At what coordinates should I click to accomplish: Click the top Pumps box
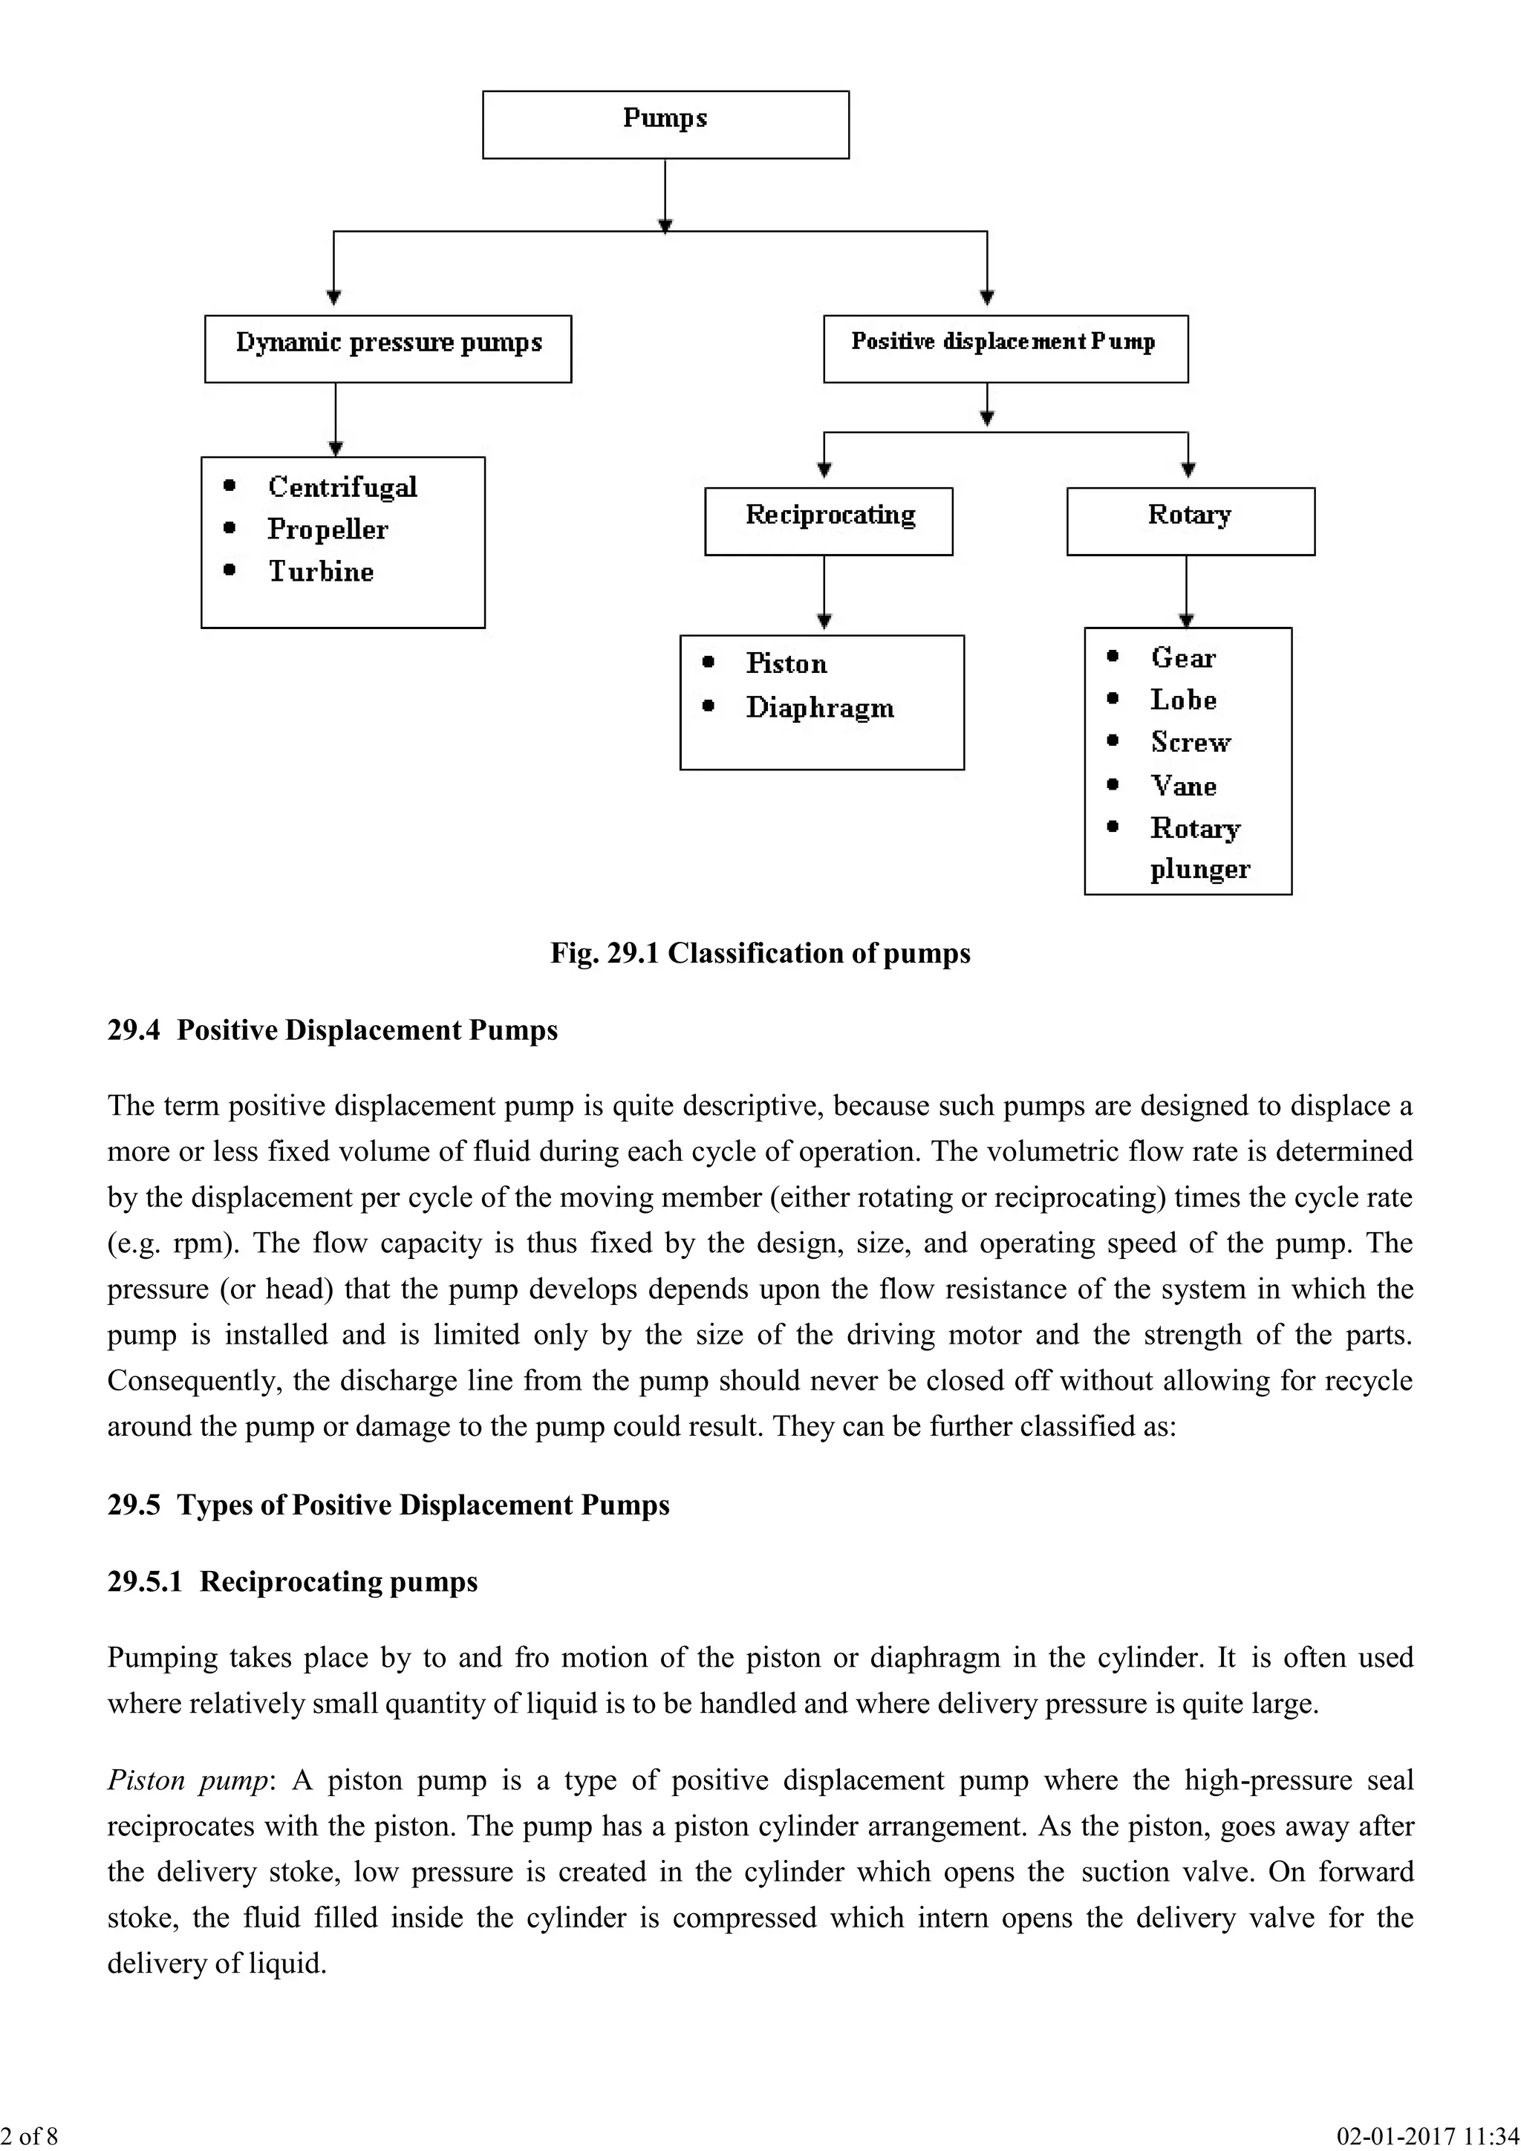pyautogui.click(x=665, y=125)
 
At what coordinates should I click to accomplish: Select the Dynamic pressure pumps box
pyautogui.click(x=388, y=348)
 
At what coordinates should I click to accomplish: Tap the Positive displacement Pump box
pyautogui.click(x=1005, y=348)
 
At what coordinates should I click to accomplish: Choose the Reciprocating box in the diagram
pyautogui.click(x=829, y=521)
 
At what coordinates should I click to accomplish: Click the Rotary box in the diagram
pyautogui.click(x=1190, y=521)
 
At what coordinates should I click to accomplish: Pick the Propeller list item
pyautogui.click(x=327, y=530)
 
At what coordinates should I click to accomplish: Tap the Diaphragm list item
pyautogui.click(x=819, y=709)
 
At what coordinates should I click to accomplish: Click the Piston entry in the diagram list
pyautogui.click(x=786, y=663)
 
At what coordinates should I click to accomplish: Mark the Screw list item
pyautogui.click(x=1191, y=742)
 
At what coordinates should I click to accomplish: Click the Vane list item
pyautogui.click(x=1184, y=785)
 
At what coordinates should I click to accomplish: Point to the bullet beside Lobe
pyautogui.click(x=1113, y=699)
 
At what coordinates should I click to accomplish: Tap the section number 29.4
pyautogui.click(x=134, y=1030)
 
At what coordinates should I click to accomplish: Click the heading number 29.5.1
pyautogui.click(x=144, y=1581)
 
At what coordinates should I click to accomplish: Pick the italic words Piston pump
pyautogui.click(x=187, y=1780)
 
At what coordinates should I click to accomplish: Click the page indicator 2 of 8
pyautogui.click(x=29, y=2136)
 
